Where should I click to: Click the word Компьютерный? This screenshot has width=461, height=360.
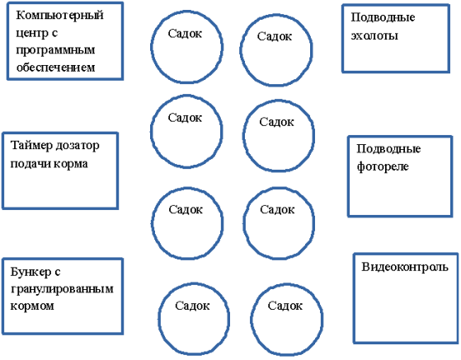point(59,16)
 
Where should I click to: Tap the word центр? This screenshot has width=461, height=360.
point(32,34)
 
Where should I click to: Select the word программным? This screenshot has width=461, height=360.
point(55,50)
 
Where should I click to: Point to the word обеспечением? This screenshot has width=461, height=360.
point(55,68)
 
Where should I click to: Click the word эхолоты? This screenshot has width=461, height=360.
point(374,35)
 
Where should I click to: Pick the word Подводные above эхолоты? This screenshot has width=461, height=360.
point(383,17)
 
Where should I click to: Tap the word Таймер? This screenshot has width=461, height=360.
point(28,146)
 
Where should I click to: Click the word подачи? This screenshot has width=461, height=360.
point(28,164)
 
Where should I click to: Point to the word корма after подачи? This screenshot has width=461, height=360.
point(68,164)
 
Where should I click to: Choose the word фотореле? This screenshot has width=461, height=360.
point(383,166)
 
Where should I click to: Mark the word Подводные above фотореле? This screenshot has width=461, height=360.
point(388,149)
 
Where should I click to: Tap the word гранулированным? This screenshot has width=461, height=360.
point(62,289)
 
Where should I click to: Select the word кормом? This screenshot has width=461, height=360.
point(32,306)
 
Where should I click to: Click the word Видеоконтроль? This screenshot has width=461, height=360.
point(405,267)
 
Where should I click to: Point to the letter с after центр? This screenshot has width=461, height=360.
point(54,34)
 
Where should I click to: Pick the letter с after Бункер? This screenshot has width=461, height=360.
point(58,273)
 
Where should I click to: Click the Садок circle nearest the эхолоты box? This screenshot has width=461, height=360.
point(312,50)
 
